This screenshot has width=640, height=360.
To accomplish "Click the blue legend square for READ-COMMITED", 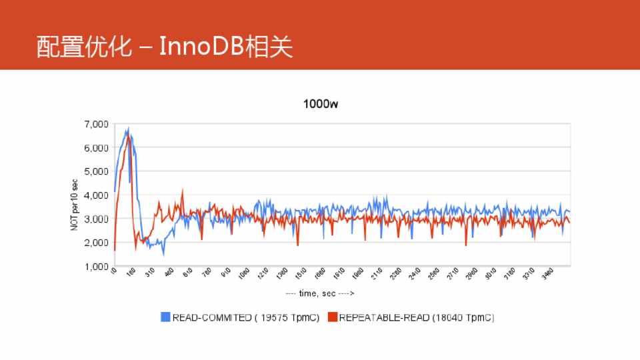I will pos(166,317).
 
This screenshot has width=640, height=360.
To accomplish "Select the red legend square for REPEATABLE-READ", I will pos(333,317).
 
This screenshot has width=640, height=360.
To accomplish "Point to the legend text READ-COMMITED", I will pos(206,317).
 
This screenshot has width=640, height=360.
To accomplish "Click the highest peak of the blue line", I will pos(128,128).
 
